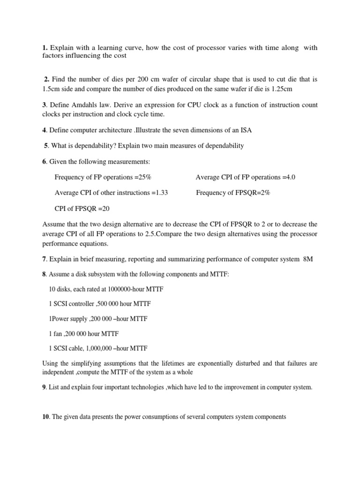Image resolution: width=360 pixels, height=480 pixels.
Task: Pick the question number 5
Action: (x=46, y=146)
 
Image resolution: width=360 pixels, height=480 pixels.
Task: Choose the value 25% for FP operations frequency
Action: (x=143, y=177)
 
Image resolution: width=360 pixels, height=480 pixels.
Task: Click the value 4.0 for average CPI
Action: (x=290, y=177)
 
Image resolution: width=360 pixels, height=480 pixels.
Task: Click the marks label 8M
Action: (x=308, y=259)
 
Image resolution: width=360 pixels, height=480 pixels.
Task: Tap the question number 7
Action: (x=45, y=259)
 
